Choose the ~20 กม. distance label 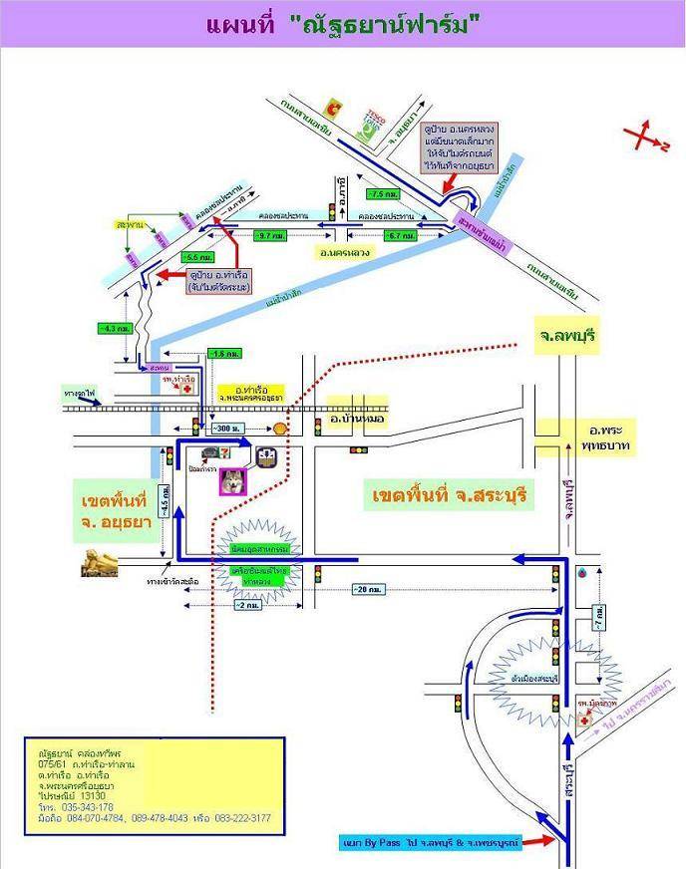pos(367,589)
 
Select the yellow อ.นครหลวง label pos(346,253)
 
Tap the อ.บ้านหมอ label pos(359,421)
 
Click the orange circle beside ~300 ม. pos(281,429)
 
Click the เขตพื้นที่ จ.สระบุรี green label pos(448,495)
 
